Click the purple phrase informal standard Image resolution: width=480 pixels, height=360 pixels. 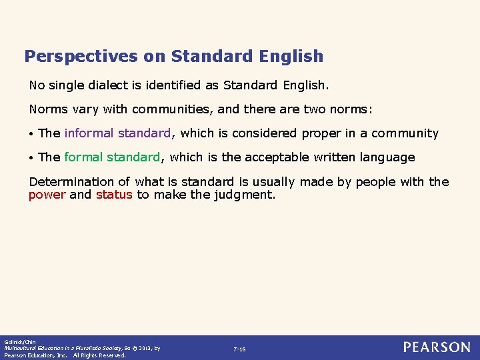pyautogui.click(x=118, y=133)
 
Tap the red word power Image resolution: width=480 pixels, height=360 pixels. pyautogui.click(x=47, y=195)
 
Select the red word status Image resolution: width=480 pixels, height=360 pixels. pyautogui.click(x=114, y=195)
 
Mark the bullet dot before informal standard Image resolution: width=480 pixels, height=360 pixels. pyautogui.click(x=31, y=134)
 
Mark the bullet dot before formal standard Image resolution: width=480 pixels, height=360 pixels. pyautogui.click(x=31, y=158)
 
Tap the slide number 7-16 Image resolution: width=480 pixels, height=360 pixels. pyautogui.click(x=239, y=349)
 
